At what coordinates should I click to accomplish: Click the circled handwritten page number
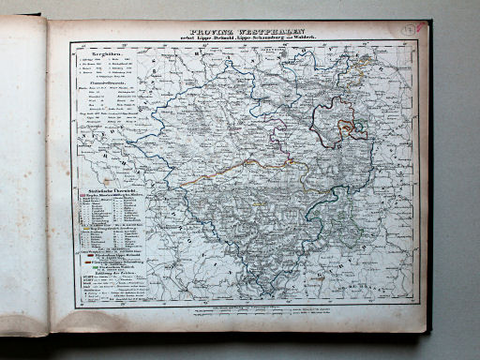click(410, 29)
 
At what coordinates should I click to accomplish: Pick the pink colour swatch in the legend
click(82, 195)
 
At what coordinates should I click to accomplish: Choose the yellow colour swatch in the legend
click(86, 229)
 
